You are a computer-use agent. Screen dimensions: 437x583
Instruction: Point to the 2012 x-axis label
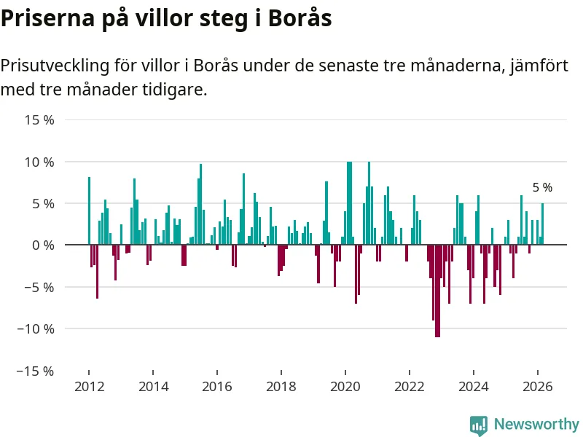(88, 387)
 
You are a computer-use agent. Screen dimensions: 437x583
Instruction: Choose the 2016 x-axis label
(216, 387)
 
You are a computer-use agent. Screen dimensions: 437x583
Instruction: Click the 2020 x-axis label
(345, 387)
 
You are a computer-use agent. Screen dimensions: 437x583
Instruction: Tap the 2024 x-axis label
(474, 387)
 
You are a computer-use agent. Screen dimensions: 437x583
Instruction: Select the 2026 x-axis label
(538, 387)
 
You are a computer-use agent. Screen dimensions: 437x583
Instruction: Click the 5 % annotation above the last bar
(542, 188)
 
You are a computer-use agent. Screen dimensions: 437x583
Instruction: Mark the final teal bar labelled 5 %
(542, 224)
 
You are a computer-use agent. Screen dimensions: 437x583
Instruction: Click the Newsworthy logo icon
(479, 425)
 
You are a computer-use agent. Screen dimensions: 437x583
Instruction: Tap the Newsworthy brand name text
(536, 424)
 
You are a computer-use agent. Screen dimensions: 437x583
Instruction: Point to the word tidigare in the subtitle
(176, 90)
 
